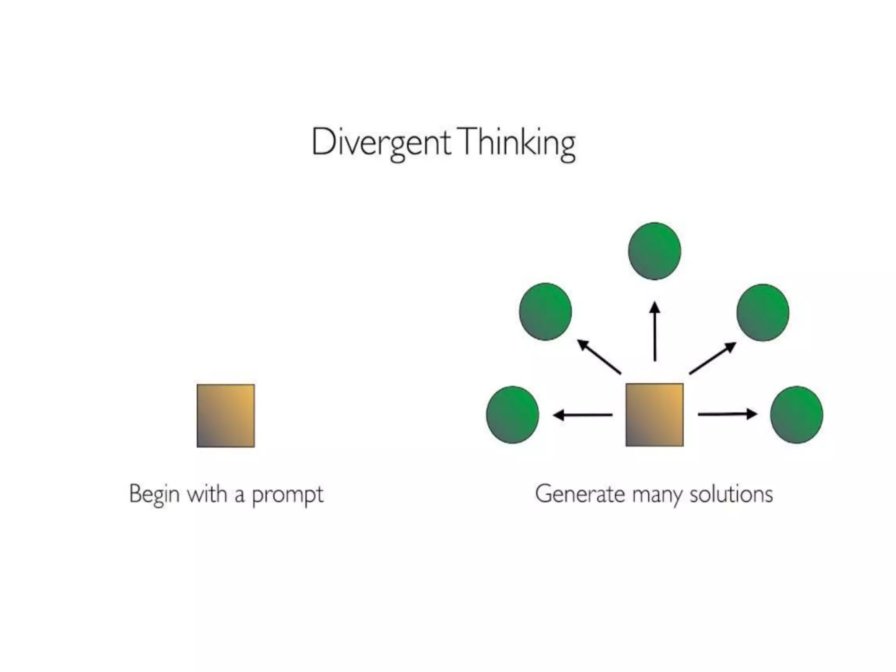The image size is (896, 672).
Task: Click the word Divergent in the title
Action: click(x=381, y=143)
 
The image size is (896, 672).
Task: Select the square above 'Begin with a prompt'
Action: click(x=225, y=416)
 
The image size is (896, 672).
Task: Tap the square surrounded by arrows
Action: click(x=654, y=415)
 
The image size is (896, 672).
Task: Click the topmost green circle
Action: click(x=654, y=251)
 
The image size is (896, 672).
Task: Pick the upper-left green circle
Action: click(x=545, y=311)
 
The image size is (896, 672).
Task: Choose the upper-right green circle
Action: click(x=763, y=312)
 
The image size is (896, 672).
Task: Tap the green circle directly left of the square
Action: click(x=512, y=415)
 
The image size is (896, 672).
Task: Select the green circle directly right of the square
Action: click(x=796, y=415)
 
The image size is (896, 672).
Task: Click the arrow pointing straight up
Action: click(x=654, y=331)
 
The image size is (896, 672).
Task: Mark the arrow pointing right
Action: click(x=727, y=414)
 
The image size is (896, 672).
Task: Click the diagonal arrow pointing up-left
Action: click(x=599, y=357)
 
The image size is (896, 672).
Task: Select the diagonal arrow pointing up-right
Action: click(x=712, y=358)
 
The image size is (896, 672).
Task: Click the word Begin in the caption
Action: click(x=154, y=494)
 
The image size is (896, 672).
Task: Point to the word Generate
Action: click(x=580, y=494)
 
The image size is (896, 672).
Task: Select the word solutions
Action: click(x=731, y=494)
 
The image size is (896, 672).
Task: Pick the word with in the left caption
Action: click(x=207, y=494)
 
